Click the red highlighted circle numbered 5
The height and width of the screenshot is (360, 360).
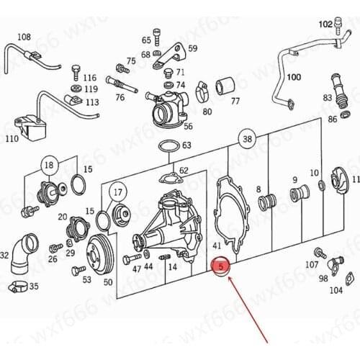pyautogui.click(x=222, y=267)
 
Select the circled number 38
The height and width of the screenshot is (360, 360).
pyautogui.click(x=248, y=139)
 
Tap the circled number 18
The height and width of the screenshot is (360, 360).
pyautogui.click(x=49, y=166)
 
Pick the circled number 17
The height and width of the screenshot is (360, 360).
pyautogui.click(x=117, y=192)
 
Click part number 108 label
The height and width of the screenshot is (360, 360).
pyautogui.click(x=24, y=37)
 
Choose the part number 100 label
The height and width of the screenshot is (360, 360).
pyautogui.click(x=294, y=76)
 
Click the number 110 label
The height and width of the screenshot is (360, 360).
pyautogui.click(x=12, y=138)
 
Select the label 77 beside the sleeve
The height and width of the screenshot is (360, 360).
pyautogui.click(x=235, y=102)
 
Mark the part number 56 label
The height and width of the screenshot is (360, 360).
pyautogui.click(x=188, y=126)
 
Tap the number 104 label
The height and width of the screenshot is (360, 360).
pyautogui.click(x=336, y=291)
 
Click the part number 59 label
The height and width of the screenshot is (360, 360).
pyautogui.click(x=192, y=48)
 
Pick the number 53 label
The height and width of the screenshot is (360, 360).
pyautogui.click(x=87, y=279)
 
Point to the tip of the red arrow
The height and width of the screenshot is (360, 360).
pyautogui.click(x=229, y=278)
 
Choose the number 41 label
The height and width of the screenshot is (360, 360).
pyautogui.click(x=217, y=246)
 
